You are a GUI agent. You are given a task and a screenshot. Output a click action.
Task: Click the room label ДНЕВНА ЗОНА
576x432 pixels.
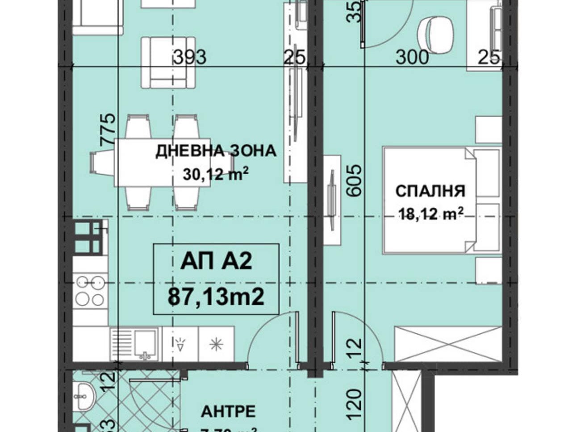pos(216,151)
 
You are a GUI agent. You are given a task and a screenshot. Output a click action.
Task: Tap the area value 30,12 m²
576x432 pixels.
pos(216,174)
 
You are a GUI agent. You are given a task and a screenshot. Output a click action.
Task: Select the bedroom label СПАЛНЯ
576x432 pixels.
pos(430,191)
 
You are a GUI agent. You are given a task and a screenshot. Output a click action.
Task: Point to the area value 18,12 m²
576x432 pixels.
pos(430,214)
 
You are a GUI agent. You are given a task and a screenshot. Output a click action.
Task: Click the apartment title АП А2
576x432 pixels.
pos(216,262)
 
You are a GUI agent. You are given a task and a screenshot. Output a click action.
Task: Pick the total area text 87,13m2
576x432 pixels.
pos(216,296)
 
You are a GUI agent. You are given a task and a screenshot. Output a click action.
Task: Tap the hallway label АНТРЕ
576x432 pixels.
pos(228,411)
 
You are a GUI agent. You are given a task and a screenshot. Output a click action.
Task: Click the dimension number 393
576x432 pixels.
pos(190,57)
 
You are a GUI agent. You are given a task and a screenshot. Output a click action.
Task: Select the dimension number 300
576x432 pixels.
pos(412,57)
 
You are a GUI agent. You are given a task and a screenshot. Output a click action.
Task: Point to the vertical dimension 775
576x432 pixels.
pos(109,130)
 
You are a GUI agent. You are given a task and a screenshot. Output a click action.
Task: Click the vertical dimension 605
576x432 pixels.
pos(354,180)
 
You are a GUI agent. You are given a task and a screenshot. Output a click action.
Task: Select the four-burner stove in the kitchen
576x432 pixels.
pos(90,291)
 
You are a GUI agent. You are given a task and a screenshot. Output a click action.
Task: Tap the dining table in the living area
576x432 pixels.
pos(162,162)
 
